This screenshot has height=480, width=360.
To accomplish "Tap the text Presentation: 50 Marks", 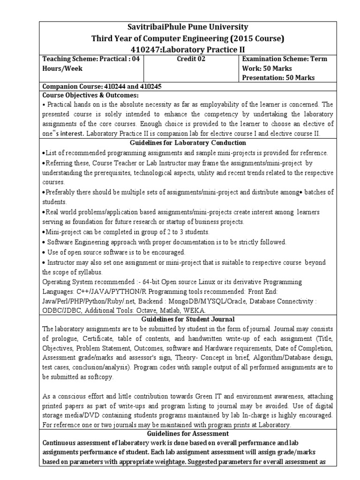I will (278, 78).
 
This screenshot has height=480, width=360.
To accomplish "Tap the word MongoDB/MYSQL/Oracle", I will (201, 302).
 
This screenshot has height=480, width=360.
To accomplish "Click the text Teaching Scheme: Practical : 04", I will (91, 59).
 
